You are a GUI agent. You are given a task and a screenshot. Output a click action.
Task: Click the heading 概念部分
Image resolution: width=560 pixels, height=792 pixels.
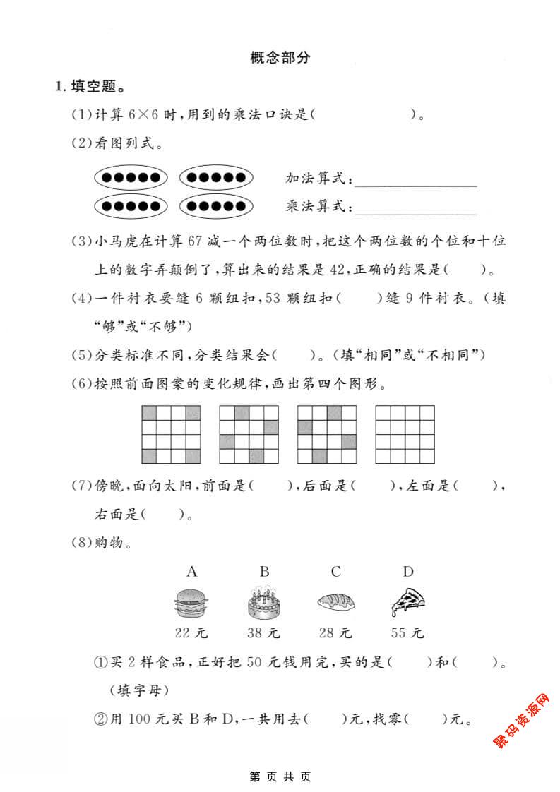coord(280,58)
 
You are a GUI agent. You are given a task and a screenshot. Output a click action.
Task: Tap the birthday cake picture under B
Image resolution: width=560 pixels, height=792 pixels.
coord(263,602)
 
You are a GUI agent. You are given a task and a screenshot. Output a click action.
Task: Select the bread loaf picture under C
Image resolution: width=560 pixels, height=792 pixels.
coord(335,601)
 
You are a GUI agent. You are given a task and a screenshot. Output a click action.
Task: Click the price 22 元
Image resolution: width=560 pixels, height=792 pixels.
coord(191,632)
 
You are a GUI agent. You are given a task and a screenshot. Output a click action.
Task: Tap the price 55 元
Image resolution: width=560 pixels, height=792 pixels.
coord(407,632)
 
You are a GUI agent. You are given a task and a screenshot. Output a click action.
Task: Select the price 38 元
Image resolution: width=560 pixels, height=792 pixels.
coord(263,632)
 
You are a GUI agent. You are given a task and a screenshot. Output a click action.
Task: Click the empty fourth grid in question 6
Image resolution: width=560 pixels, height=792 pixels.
coord(405,434)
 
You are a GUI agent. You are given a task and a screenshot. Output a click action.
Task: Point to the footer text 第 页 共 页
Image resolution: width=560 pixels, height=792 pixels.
coord(280,776)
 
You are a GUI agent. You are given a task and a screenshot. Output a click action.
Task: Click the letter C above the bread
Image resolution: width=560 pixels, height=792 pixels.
coord(335,571)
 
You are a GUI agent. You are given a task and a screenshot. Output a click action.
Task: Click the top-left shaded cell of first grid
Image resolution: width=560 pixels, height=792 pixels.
coord(149,412)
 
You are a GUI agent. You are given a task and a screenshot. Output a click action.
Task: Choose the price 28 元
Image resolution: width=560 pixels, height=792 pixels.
coord(335,632)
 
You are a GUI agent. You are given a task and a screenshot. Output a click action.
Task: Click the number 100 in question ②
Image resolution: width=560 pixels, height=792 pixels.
coord(141,719)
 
